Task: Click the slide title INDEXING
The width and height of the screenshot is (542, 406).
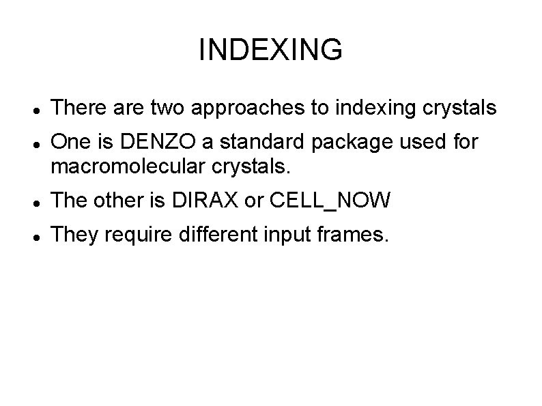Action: click(270, 50)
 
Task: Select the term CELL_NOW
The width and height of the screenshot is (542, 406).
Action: click(330, 201)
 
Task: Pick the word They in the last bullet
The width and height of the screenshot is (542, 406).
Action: click(72, 235)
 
